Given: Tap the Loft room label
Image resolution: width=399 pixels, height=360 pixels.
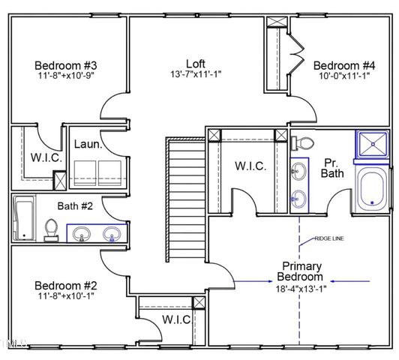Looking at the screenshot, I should tap(196, 64).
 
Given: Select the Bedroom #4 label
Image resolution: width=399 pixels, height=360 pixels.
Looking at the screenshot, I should tap(343, 65).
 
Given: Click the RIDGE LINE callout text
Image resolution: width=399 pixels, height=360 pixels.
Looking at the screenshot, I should tap(331, 239).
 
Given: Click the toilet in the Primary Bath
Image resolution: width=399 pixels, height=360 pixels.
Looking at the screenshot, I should tap(304, 143).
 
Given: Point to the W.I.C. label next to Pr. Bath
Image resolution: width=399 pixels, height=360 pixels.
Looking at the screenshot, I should tap(250, 166).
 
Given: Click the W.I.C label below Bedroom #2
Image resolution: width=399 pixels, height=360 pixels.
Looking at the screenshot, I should tap(176, 319).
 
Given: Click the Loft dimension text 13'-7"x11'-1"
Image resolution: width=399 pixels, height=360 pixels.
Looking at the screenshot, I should tap(196, 74).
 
